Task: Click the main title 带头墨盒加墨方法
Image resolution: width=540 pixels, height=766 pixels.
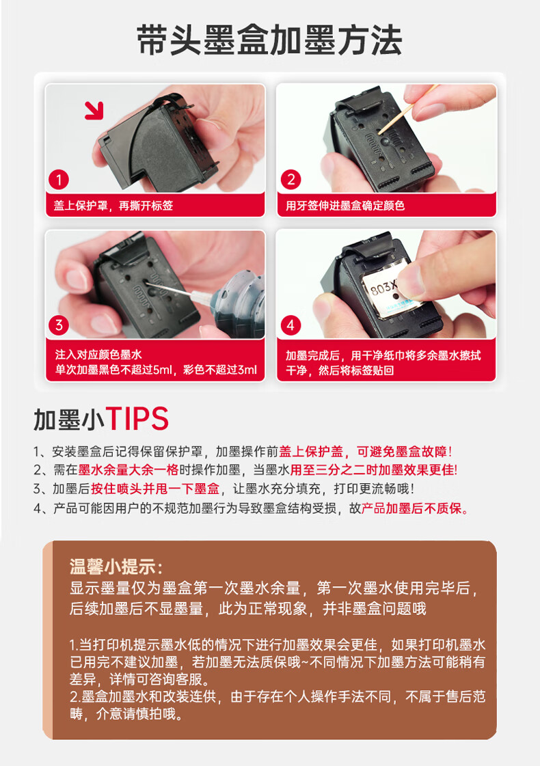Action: pyautogui.click(x=269, y=40)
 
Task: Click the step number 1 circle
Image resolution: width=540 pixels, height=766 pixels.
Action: pyautogui.click(x=59, y=179)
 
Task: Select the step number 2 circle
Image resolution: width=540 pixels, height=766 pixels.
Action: pyautogui.click(x=291, y=179)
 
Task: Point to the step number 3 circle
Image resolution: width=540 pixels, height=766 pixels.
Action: pyautogui.click(x=59, y=325)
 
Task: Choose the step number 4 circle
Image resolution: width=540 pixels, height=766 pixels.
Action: pyautogui.click(x=291, y=325)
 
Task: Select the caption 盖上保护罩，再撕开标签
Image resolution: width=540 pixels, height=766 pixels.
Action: pyautogui.click(x=113, y=206)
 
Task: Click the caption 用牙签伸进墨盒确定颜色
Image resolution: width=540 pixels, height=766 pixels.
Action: pyautogui.click(x=345, y=206)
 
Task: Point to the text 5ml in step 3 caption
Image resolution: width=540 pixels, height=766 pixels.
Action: pyautogui.click(x=163, y=370)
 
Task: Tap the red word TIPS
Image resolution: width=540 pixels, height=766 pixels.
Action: pyautogui.click(x=137, y=419)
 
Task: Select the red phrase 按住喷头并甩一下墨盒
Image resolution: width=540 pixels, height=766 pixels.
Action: pyautogui.click(x=155, y=489)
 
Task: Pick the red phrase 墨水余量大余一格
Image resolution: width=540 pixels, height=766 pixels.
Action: pyautogui.click(x=128, y=470)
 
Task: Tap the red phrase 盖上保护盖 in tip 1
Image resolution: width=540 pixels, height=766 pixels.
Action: pyautogui.click(x=311, y=452)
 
